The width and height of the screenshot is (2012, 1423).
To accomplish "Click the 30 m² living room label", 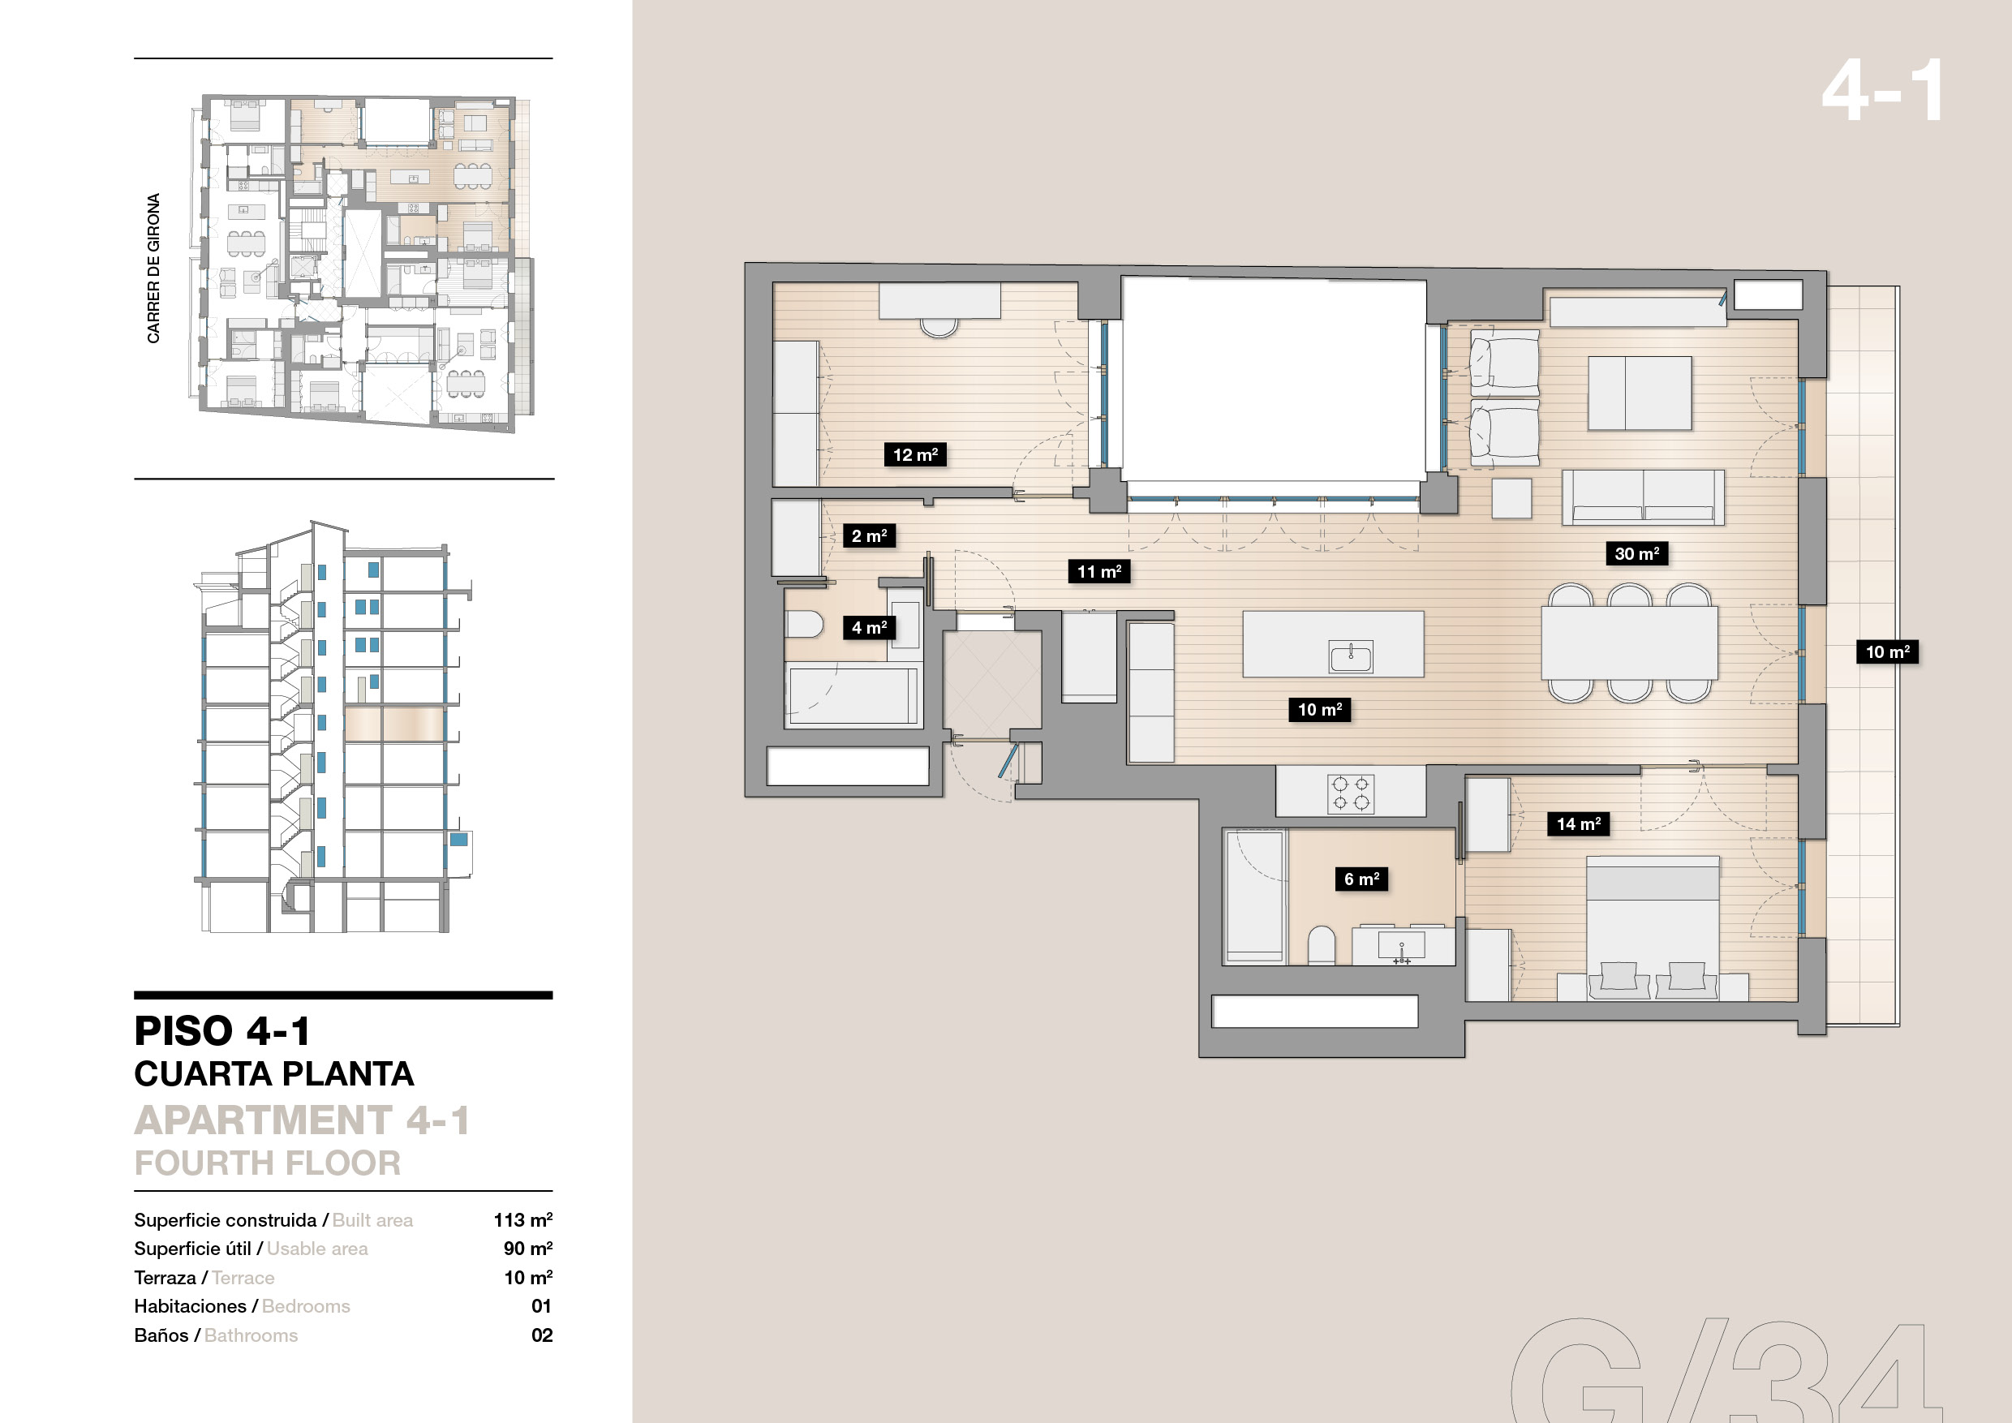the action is (1636, 553).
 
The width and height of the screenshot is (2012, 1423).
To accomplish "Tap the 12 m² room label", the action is (915, 454).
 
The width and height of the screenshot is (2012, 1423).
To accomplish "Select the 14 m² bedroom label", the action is (1578, 823).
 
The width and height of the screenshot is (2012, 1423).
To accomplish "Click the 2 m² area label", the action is (869, 535).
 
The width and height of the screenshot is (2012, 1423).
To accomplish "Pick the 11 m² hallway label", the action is (1098, 571).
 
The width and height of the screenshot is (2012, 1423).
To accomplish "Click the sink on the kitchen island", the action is (1350, 656).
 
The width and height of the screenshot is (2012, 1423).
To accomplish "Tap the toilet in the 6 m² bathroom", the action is (1322, 946).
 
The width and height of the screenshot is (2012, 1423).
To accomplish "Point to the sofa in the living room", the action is (1643, 497).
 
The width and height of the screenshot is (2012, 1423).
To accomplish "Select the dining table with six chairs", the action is (1630, 643).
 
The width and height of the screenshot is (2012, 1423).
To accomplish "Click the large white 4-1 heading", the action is (1881, 90).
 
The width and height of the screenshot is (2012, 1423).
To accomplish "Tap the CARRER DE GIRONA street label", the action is (153, 268).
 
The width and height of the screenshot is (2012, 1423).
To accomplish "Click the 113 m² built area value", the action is (523, 1219).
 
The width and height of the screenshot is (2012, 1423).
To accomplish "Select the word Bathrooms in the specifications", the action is (251, 1335).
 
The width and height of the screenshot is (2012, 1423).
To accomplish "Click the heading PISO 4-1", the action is (221, 1030).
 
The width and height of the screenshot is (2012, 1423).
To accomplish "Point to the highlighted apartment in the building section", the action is (394, 724).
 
